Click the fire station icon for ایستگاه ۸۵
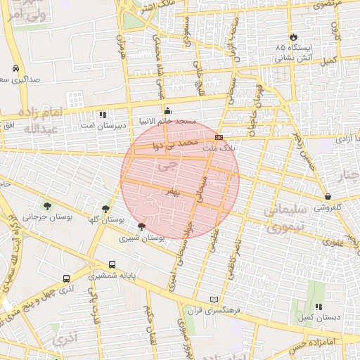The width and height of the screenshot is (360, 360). point(293,37)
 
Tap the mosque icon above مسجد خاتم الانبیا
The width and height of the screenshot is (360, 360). point(167,110)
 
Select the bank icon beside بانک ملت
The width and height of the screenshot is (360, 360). point(219,137)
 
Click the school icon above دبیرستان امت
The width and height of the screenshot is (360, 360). point(103,114)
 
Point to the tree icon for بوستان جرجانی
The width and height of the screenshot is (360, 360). point(47,206)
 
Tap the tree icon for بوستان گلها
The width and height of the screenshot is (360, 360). point(105,209)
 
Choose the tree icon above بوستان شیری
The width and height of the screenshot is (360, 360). point(142,226)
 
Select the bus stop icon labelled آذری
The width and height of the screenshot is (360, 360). point(65,278)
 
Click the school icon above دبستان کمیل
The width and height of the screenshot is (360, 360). point(319,307)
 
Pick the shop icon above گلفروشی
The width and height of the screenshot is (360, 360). point(328,196)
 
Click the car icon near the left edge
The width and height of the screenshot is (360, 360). point(15,69)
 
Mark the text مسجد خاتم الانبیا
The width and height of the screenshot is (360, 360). point(168,120)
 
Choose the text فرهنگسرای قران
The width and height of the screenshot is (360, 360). point(214,309)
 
